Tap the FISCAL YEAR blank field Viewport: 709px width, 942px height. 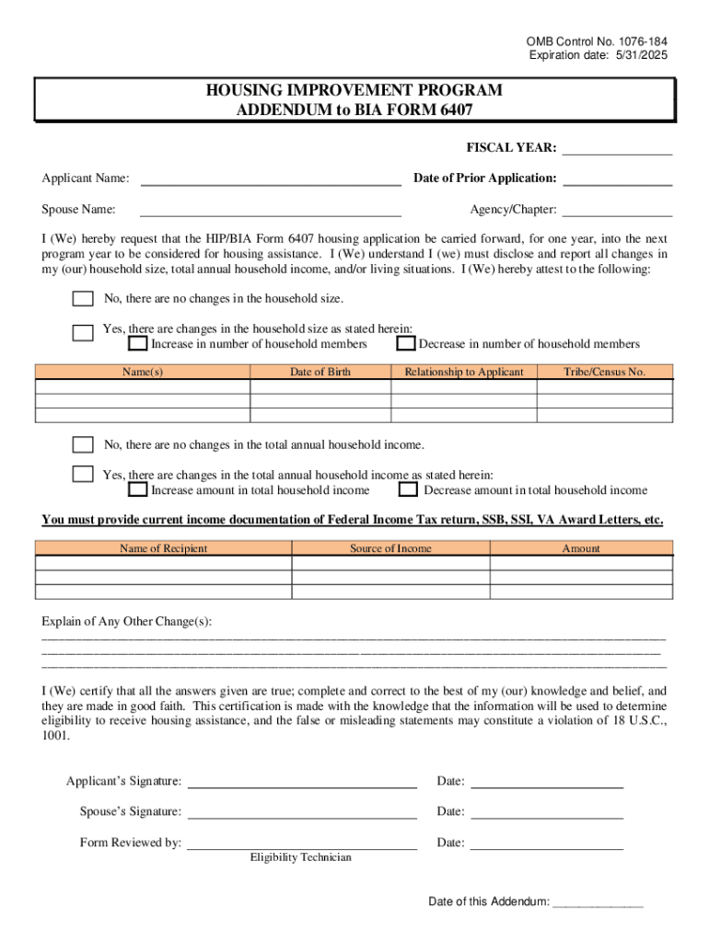617,149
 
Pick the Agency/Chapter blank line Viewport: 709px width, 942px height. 617,211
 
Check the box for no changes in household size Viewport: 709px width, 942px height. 83,299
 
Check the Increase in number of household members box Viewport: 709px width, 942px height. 137,344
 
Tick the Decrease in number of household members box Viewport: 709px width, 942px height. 405,344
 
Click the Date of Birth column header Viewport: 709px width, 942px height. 320,373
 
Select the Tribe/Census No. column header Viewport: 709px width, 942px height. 604,373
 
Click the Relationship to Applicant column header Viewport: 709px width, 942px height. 463,373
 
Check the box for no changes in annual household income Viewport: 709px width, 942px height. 83,445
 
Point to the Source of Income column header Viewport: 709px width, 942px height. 390,549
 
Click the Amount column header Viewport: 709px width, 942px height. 580,549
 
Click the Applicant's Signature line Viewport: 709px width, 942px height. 302,782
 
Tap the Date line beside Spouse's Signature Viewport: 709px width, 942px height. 547,812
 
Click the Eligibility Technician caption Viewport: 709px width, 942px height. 300,857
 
